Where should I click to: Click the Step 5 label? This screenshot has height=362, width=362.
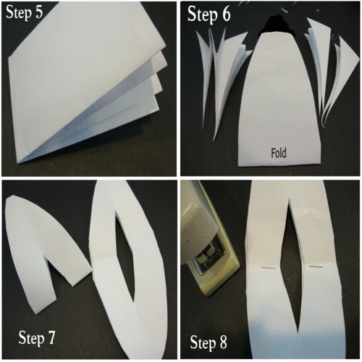25,12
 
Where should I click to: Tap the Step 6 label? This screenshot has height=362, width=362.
209,14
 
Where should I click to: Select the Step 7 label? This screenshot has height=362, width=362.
37,337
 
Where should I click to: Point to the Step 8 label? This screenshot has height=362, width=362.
209,342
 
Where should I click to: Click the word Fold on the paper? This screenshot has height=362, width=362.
279,153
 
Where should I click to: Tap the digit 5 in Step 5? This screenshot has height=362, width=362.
38,12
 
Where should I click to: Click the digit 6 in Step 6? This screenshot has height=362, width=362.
226,14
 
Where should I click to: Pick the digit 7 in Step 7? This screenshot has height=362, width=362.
51,337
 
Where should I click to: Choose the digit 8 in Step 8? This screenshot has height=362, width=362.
222,342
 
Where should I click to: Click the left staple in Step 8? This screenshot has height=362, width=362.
269,268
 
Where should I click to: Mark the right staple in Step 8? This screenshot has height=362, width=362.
316,266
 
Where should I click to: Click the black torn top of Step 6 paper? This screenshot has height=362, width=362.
277,24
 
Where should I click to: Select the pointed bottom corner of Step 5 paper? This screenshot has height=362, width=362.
19,163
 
